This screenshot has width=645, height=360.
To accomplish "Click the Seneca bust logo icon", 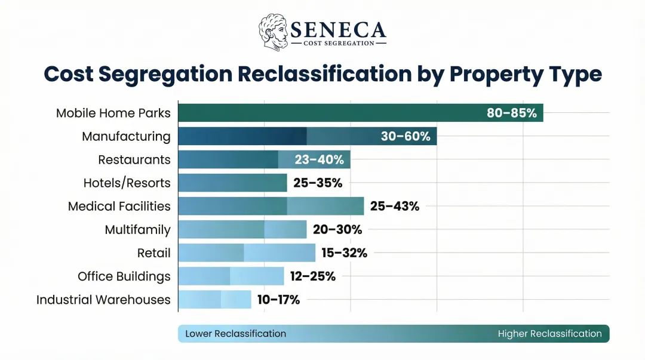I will coord(273,32).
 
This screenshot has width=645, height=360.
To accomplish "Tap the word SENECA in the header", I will coord(338,29).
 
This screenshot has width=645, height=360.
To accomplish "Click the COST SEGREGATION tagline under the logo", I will coord(338,43).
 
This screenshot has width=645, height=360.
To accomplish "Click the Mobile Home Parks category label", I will coord(113,113).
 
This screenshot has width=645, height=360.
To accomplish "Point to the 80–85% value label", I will coord(511,113).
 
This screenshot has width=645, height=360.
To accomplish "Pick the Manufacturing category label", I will coord(126,136).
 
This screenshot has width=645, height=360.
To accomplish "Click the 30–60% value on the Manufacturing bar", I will coord(406,136).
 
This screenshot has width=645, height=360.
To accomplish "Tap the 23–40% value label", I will coord(319,159).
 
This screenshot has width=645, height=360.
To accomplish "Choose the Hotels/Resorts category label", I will coord(127,183).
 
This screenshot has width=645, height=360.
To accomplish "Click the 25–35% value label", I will coord(318,183).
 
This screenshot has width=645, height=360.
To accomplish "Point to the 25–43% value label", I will coord(395,206).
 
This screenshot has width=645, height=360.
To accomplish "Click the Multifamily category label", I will coord(137,229).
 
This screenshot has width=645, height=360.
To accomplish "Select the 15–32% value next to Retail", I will coord(344,253).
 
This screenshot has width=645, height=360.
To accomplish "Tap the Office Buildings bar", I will coord(231,276).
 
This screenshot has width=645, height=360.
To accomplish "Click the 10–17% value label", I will coord(278,299).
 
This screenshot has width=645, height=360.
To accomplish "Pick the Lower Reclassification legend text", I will coord(235,334).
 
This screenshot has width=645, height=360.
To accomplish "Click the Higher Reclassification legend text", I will coord(549,334).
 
